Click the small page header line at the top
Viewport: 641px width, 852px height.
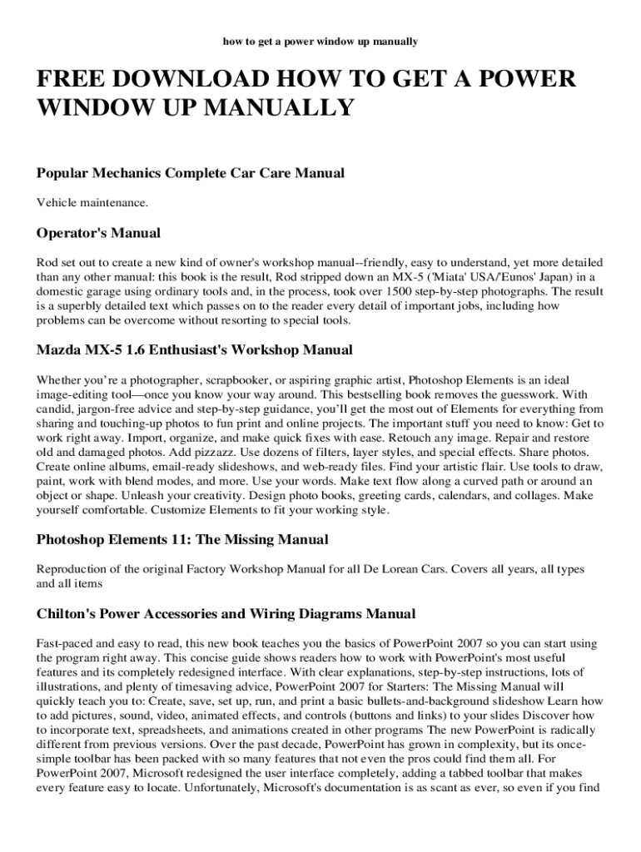320,40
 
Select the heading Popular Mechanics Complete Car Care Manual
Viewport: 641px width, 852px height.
191,173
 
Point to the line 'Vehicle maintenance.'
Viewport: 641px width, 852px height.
92,202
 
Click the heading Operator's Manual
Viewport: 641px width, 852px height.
98,232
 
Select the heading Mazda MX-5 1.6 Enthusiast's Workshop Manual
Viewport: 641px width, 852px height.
194,349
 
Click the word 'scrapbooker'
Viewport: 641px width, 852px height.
235,379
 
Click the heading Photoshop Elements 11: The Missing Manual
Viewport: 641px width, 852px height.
182,539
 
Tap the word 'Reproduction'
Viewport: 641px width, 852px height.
72,569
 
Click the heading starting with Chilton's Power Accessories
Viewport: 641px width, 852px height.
226,614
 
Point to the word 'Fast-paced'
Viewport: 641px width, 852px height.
64,643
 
